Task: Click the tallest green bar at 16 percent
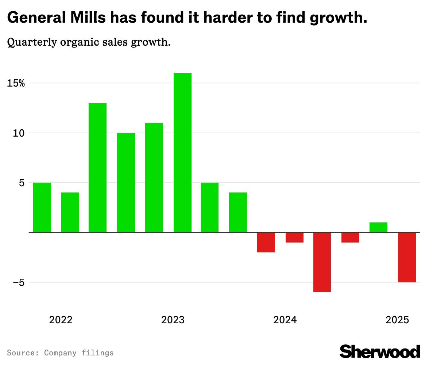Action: (x=182, y=153)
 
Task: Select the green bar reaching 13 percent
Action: (x=98, y=168)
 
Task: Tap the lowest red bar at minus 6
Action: (x=322, y=262)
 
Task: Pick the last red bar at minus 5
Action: (x=407, y=257)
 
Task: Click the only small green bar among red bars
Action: (x=378, y=227)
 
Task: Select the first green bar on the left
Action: (x=42, y=207)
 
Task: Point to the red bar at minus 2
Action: (x=266, y=242)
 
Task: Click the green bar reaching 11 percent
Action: (x=154, y=178)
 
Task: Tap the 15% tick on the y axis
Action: (x=16, y=83)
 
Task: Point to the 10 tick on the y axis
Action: (x=19, y=133)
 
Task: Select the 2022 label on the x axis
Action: (x=61, y=320)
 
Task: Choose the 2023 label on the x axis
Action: (x=173, y=320)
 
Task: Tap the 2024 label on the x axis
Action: (x=285, y=320)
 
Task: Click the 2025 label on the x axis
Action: (x=397, y=320)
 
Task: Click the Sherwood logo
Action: (x=379, y=351)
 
